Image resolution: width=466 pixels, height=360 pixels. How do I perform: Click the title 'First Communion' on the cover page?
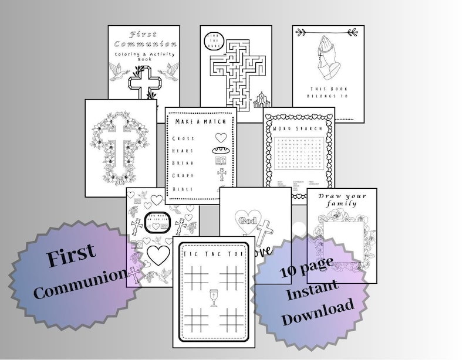pyautogui.click(x=144, y=39)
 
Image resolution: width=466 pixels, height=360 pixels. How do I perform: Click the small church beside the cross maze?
pyautogui.click(x=261, y=100)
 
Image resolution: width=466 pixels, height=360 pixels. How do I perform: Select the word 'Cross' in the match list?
pyautogui.click(x=184, y=138)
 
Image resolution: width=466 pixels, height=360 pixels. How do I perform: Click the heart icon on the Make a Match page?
pyautogui.click(x=221, y=138)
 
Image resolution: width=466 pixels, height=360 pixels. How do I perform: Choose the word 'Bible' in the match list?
pyautogui.click(x=183, y=188)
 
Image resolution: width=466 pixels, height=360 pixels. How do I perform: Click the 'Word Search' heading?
pyautogui.click(x=299, y=126)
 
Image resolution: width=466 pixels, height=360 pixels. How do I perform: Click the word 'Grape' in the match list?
pyautogui.click(x=184, y=175)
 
